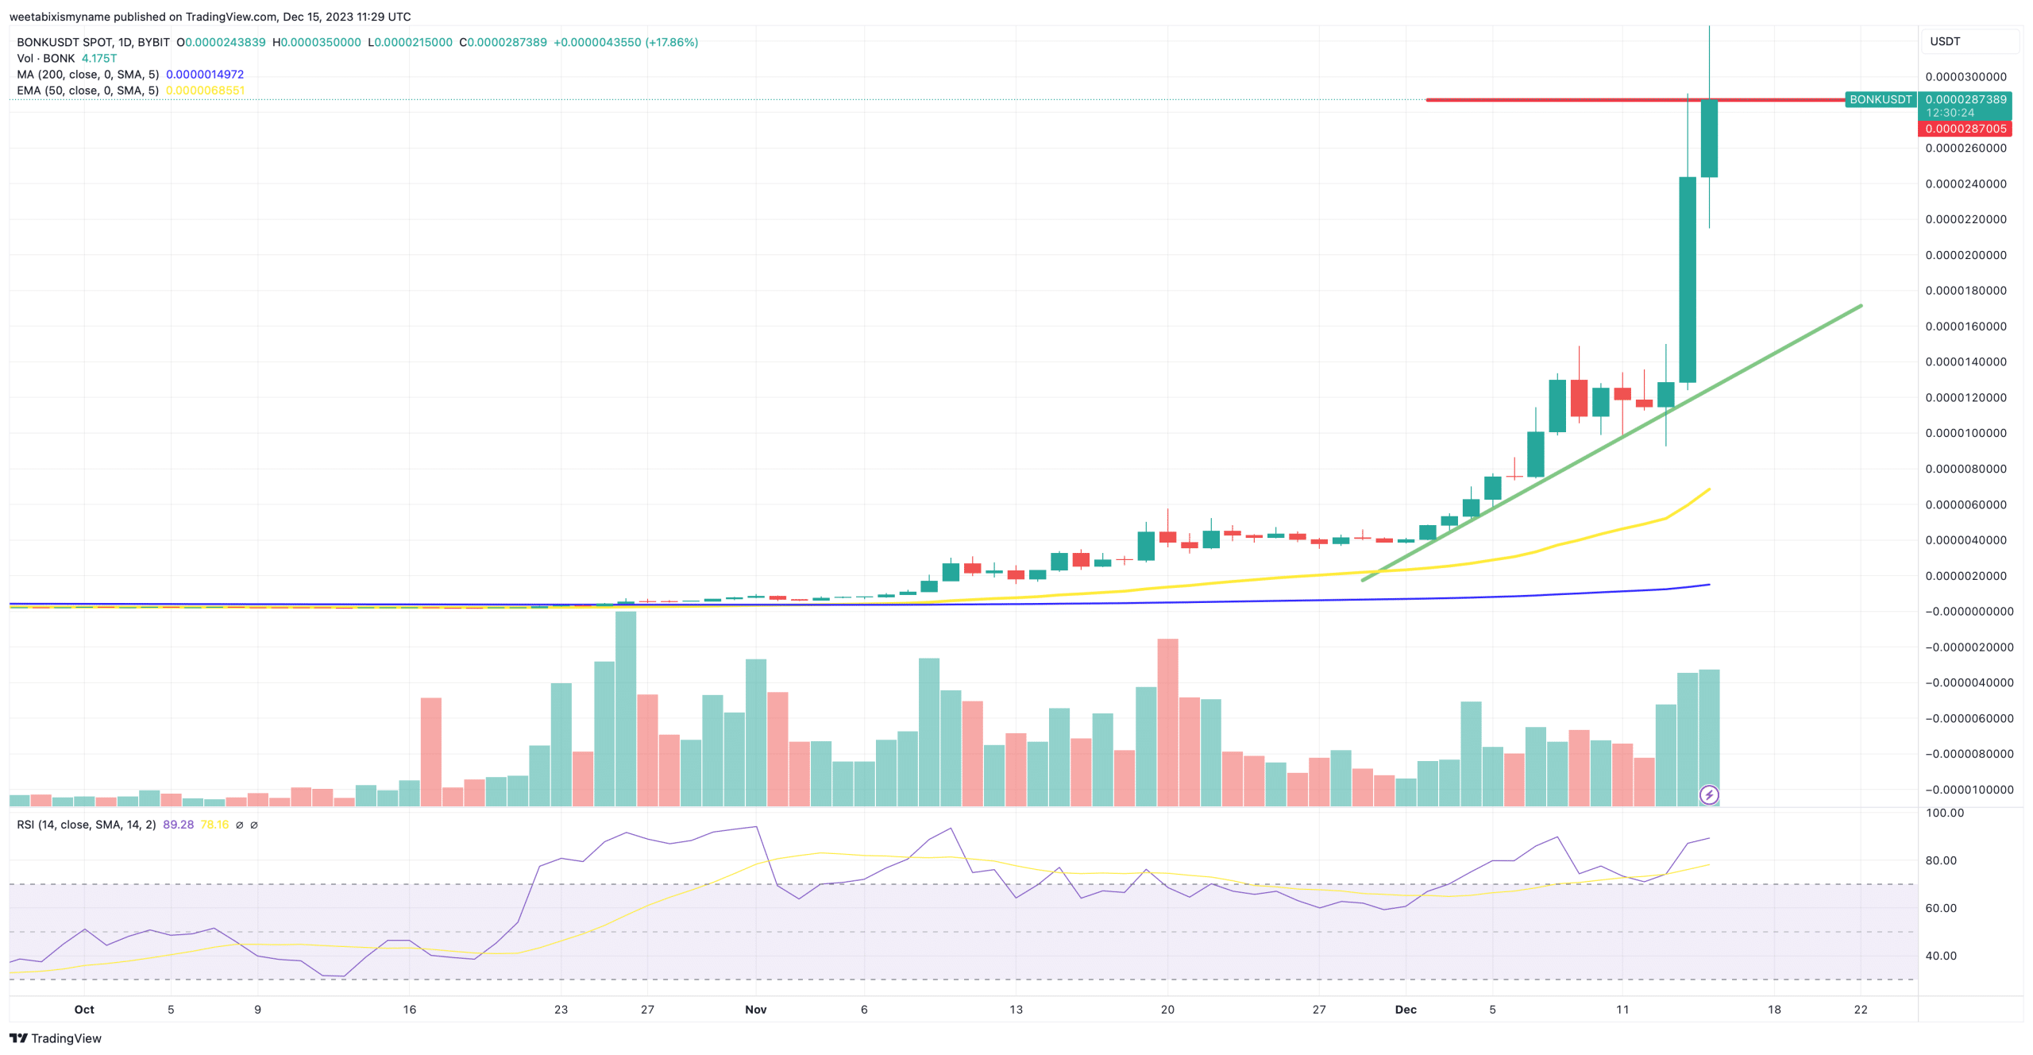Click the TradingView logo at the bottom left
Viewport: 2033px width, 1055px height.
(55, 1038)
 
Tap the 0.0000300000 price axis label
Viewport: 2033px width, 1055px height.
(1965, 77)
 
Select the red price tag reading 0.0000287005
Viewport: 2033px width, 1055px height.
(1965, 129)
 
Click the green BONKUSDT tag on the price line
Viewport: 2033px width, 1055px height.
(1880, 99)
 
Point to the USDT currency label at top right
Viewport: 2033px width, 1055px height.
(1945, 41)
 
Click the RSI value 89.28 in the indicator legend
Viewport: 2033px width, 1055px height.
(178, 825)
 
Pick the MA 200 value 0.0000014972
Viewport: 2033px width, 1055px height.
(205, 75)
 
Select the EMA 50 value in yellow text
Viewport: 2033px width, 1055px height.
(205, 91)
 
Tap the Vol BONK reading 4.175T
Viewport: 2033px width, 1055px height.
(99, 59)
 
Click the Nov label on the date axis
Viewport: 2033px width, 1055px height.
(755, 1010)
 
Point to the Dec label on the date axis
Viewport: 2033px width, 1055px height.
(1405, 1010)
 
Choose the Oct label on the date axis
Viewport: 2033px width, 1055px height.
(84, 1010)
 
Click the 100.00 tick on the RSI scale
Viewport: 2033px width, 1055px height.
(1944, 813)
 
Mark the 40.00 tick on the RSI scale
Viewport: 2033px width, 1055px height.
(1941, 956)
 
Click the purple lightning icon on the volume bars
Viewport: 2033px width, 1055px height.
(1709, 794)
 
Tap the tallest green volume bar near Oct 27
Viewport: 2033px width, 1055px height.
(626, 707)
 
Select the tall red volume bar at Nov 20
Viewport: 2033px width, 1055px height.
(1167, 723)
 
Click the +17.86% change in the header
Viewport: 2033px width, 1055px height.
(672, 42)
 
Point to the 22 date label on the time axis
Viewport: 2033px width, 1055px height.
(1861, 1010)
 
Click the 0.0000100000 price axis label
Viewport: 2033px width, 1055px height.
(1965, 433)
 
